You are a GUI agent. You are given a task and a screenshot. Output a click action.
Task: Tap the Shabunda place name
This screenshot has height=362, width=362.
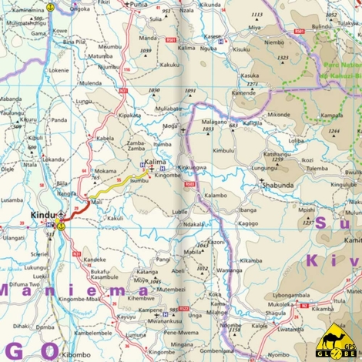pyautogui.click(x=279, y=185)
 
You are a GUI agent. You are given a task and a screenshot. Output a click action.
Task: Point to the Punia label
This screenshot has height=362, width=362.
pyautogui.click(x=139, y=5)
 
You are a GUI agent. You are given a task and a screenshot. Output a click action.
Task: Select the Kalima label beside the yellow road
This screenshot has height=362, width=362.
pyautogui.click(x=155, y=163)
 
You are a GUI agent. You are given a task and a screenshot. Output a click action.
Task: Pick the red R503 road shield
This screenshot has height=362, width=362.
pyautogui.click(x=189, y=185)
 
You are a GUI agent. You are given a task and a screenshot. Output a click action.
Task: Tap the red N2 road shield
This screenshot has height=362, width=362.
pyautogui.click(x=305, y=306)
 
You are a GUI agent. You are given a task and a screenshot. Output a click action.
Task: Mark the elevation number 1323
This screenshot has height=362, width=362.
pyautogui.click(x=283, y=58)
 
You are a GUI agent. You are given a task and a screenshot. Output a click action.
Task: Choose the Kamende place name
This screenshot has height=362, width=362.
pyautogui.click(x=243, y=92)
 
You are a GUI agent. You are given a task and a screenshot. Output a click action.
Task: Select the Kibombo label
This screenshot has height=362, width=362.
pyautogui.click(x=75, y=355)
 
